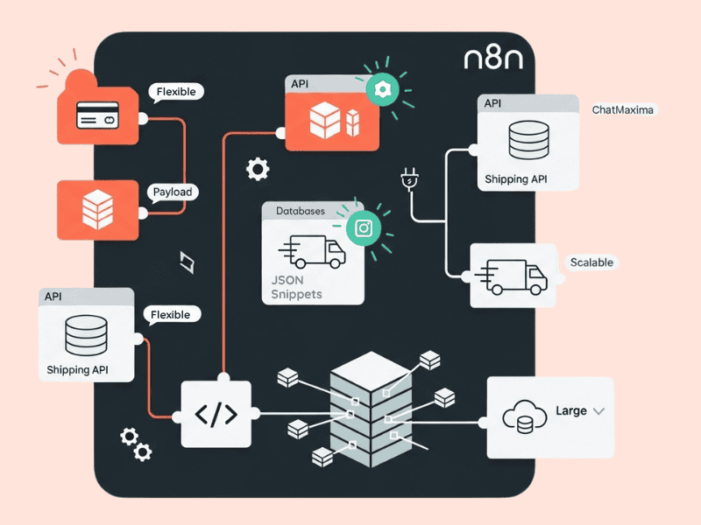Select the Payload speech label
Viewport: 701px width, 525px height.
[172, 192]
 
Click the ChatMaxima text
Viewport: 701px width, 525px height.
[623, 110]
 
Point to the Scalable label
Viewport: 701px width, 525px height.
[591, 262]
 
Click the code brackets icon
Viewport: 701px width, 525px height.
[216, 413]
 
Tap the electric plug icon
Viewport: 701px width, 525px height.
[407, 178]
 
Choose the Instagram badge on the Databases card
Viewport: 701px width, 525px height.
[364, 228]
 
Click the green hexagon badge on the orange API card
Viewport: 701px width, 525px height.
[382, 89]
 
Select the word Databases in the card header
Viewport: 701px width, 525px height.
[300, 211]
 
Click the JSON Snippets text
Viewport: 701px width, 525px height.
[297, 287]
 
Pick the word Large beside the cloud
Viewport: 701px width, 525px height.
[570, 410]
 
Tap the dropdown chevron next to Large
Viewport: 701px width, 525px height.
[599, 410]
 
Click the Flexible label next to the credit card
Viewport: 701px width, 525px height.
[176, 91]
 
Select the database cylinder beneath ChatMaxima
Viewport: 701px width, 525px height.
[528, 140]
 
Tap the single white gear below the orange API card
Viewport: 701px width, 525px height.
[258, 169]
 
